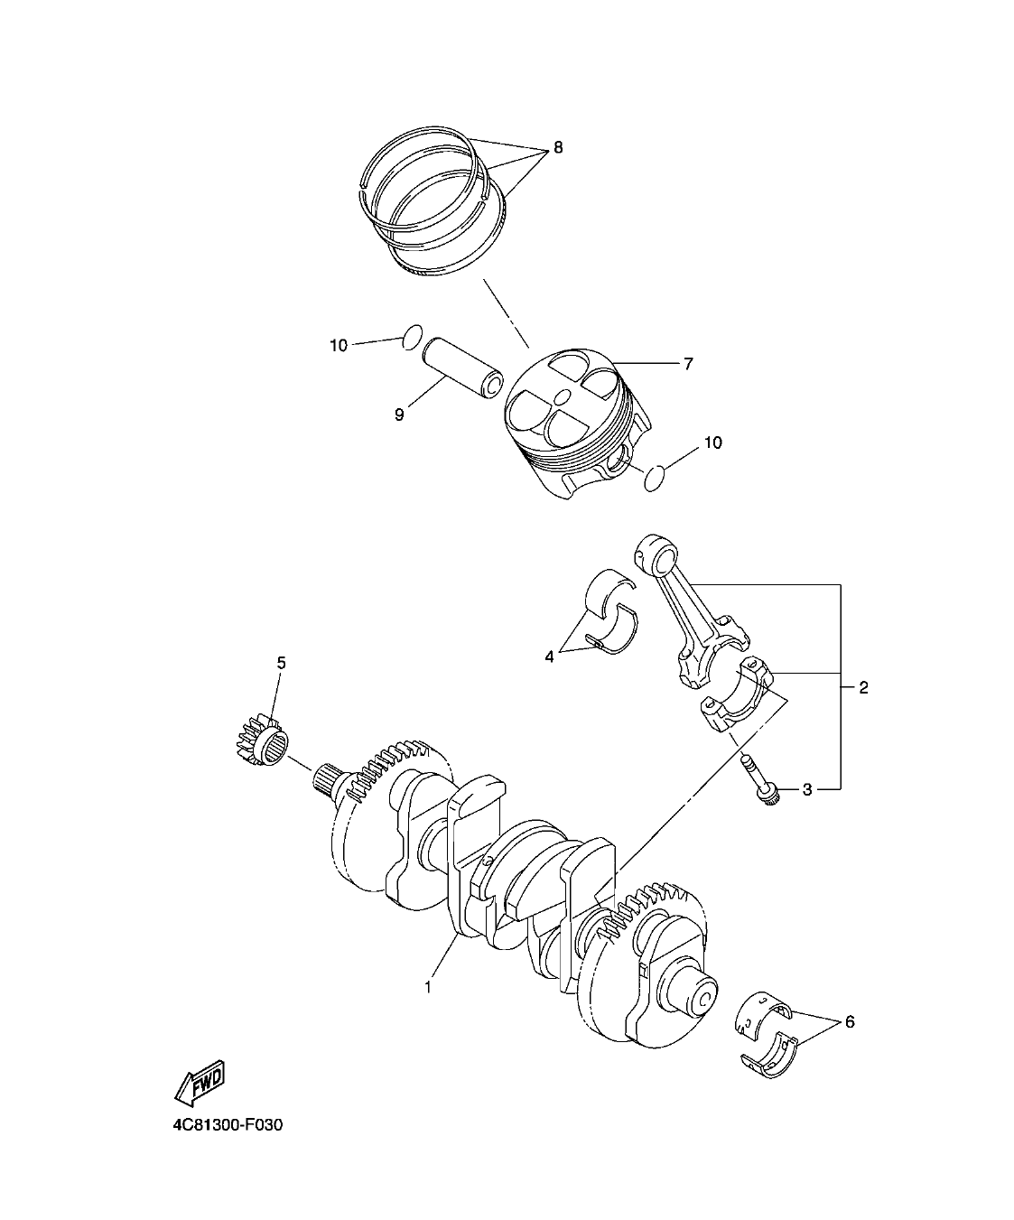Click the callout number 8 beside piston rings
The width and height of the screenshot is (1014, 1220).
click(x=557, y=147)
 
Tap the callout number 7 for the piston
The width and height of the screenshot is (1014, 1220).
click(x=687, y=364)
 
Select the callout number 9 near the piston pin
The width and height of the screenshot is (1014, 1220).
click(x=399, y=414)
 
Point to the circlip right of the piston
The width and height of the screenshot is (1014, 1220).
click(x=656, y=479)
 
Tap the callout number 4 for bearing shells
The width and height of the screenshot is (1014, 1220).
click(x=549, y=657)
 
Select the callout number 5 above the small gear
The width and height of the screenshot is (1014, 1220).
click(x=281, y=663)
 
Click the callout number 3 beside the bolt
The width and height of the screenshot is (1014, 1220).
click(x=807, y=789)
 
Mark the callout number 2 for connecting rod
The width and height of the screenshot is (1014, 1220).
click(x=863, y=688)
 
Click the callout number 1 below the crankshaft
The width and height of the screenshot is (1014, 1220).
click(x=428, y=988)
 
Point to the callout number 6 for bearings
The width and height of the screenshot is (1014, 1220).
click(x=849, y=1022)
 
